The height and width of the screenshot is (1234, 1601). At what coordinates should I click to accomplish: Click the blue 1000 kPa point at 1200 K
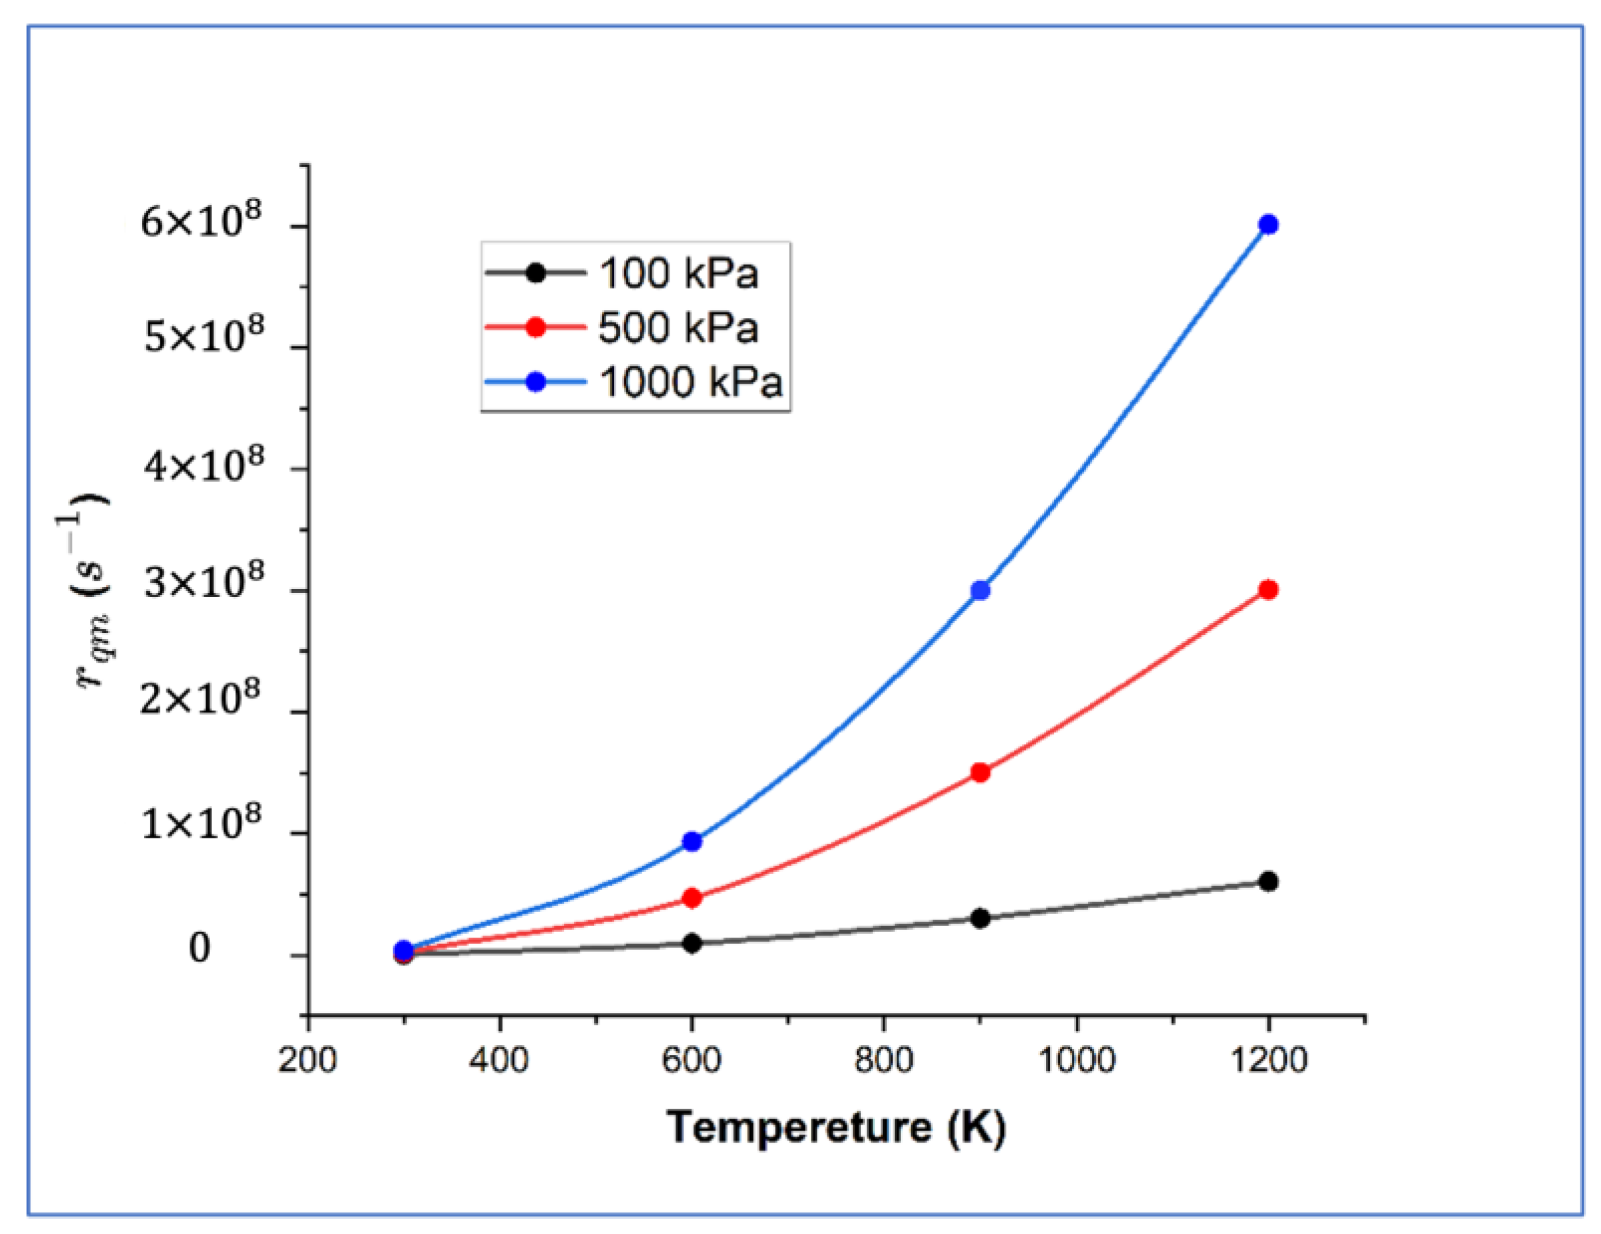(x=1268, y=224)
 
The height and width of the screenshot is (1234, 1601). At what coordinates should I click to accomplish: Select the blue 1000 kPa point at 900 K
(x=980, y=590)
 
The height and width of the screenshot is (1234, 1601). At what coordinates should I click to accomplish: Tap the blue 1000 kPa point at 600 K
(x=692, y=841)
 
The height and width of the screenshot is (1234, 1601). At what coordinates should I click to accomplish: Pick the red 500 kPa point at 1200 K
(x=1268, y=589)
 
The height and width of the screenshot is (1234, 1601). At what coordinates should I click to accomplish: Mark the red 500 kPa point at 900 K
(x=980, y=772)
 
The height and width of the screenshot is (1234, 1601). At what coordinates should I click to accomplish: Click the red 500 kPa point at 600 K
(x=692, y=897)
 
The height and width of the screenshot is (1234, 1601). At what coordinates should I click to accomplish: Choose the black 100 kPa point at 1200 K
(x=1268, y=881)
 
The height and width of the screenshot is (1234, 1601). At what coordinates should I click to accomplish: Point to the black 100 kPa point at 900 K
(x=980, y=918)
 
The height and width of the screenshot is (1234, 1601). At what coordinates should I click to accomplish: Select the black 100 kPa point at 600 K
(x=692, y=943)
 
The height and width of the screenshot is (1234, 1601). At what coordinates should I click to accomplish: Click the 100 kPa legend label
(x=678, y=273)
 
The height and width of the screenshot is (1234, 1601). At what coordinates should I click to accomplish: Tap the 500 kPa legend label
(x=678, y=327)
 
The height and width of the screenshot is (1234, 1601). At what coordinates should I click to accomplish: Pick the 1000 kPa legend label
(x=691, y=382)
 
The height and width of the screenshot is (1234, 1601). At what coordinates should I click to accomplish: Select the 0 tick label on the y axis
(x=200, y=949)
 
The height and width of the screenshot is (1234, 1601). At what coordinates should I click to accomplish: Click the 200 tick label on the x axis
(x=307, y=1060)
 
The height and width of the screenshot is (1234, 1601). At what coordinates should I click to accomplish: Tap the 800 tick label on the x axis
(x=883, y=1060)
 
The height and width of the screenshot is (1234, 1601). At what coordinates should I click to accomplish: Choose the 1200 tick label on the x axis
(x=1268, y=1060)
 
